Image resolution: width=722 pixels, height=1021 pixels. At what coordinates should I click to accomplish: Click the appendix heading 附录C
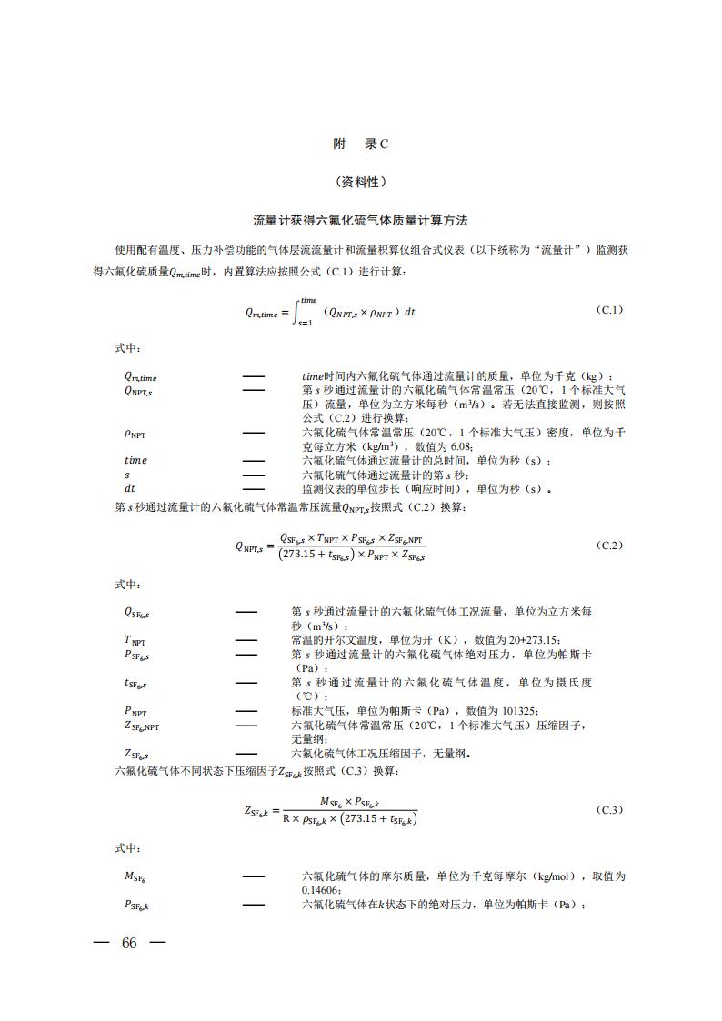tap(361, 144)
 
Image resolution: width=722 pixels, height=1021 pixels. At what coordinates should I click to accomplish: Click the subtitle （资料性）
tap(361, 182)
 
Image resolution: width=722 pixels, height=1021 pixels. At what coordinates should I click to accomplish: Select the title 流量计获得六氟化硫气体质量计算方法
tap(361, 221)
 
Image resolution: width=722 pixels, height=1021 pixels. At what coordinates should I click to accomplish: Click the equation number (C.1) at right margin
tap(609, 310)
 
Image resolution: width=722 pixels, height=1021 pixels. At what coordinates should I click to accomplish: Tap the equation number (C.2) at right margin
tap(609, 545)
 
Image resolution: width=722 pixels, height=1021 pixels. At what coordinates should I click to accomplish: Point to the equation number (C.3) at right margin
tap(609, 809)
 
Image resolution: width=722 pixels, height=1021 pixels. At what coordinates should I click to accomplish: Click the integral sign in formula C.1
tap(297, 312)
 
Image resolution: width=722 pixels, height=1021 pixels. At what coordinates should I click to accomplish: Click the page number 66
tap(128, 943)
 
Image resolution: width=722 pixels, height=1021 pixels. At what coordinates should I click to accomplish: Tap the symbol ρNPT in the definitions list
tap(135, 434)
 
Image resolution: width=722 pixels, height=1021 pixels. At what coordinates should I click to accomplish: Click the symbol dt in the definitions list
tap(130, 488)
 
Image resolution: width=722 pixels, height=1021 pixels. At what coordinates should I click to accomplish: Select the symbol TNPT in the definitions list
tap(135, 640)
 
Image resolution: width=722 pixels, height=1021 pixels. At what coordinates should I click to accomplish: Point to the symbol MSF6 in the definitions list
tap(135, 876)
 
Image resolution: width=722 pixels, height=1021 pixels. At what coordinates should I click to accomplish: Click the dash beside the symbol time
tap(254, 461)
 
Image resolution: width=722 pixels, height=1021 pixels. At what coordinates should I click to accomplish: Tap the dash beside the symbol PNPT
tap(246, 711)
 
